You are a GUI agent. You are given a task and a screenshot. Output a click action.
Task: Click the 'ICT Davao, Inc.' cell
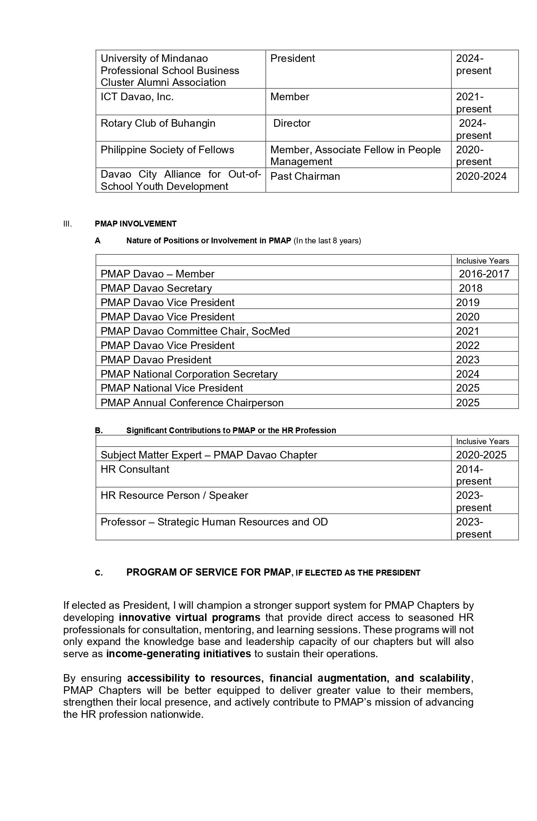tap(137, 97)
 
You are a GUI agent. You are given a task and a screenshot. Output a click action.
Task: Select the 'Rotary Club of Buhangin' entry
tap(158, 123)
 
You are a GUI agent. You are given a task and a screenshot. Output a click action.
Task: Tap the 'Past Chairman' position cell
tap(305, 176)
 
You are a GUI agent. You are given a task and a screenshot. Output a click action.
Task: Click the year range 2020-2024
tap(481, 176)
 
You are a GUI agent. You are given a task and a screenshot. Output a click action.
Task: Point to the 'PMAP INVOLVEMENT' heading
tap(136, 224)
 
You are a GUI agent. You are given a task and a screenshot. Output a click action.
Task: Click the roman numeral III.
tap(67, 224)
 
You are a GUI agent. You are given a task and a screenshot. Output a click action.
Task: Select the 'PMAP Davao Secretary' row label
tap(156, 288)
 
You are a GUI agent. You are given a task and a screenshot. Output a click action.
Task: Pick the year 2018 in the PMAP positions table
tap(470, 288)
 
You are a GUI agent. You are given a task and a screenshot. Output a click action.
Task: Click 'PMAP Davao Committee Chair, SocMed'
tap(195, 331)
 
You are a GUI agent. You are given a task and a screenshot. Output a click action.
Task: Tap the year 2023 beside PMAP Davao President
tap(468, 360)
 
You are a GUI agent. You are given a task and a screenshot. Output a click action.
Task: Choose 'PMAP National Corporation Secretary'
tap(189, 374)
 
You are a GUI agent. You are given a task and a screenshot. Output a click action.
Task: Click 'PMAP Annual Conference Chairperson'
tap(192, 403)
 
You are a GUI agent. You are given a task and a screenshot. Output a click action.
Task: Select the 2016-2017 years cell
tap(484, 274)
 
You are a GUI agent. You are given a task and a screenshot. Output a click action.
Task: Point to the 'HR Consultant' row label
tap(135, 469)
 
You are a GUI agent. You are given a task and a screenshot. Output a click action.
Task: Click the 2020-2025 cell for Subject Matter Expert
tap(481, 455)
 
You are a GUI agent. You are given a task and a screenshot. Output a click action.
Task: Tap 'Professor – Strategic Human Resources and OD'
tap(214, 522)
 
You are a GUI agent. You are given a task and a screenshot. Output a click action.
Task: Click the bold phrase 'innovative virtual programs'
tap(190, 618)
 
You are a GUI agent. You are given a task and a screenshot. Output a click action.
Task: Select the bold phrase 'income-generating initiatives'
tap(179, 653)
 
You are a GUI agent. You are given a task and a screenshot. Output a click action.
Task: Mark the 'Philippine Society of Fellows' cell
tap(167, 150)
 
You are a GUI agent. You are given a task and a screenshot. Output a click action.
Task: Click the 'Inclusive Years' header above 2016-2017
tap(482, 261)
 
